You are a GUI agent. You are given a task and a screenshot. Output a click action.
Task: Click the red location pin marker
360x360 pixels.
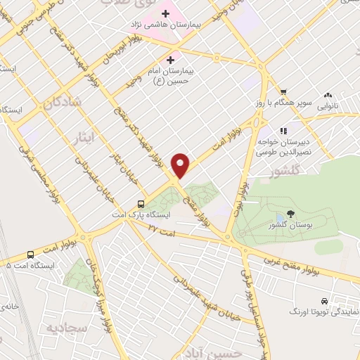click(182, 164)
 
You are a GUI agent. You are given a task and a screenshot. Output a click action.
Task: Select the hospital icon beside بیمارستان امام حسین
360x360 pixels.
click(171, 60)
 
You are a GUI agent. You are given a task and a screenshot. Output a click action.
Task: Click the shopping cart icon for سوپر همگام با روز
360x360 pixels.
click(283, 92)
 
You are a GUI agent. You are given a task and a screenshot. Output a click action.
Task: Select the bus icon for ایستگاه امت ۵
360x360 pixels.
click(30, 255)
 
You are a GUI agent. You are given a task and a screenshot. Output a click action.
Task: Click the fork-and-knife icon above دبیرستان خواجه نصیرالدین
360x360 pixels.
click(283, 130)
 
